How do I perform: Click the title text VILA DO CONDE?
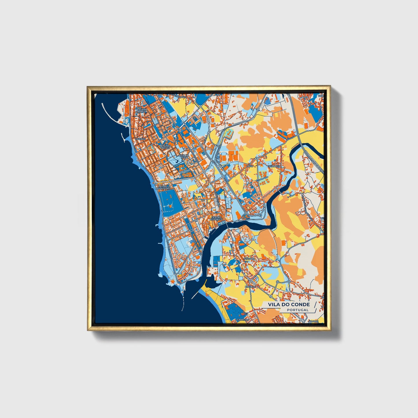pyautogui.click(x=289, y=304)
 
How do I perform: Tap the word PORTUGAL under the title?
pyautogui.click(x=298, y=310)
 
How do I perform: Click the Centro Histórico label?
pyautogui.click(x=216, y=218)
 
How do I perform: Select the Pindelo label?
pyautogui.click(x=251, y=286)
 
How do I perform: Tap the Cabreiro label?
pyautogui.click(x=243, y=319)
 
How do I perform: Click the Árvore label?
pyautogui.click(x=313, y=321)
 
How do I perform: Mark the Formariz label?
pyautogui.click(x=274, y=166)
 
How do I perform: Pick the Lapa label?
pyautogui.click(x=250, y=166)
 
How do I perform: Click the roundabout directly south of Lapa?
pyautogui.click(x=257, y=181)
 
